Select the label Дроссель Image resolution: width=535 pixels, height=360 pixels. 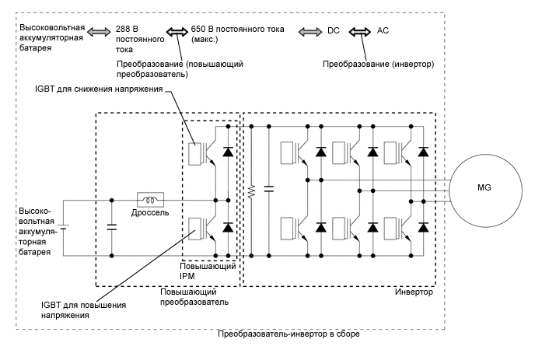point(149,214)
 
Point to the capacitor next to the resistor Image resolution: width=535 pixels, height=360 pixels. point(268,189)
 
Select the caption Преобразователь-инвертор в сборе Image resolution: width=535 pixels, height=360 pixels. point(288,334)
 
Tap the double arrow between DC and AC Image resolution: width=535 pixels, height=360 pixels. point(360,31)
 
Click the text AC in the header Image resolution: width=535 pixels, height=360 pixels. point(383,31)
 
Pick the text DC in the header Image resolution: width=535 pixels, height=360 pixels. point(334,31)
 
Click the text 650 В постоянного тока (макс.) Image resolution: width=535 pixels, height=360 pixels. point(237,35)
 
